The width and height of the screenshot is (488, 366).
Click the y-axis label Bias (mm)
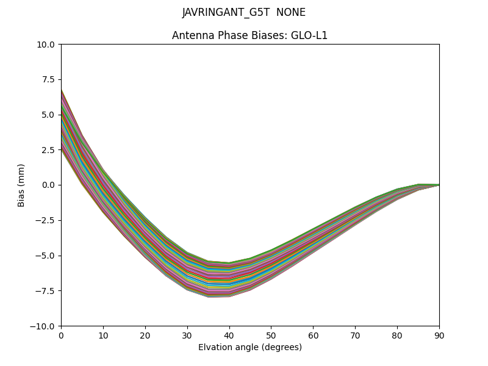coord(21,185)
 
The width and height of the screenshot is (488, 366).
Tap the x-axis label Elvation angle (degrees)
coord(250,348)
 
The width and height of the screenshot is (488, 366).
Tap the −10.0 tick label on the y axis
coord(46,326)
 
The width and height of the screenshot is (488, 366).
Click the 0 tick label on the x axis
coord(61,335)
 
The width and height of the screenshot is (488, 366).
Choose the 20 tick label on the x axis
coord(145,335)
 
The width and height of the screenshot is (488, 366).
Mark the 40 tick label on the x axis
coord(229,335)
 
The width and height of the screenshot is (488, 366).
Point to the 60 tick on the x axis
coord(313,335)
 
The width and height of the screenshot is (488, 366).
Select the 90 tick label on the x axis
coord(439,335)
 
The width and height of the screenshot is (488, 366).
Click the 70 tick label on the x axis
coord(355,335)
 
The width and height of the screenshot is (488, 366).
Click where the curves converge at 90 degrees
coord(439,185)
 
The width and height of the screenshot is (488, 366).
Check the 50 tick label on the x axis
coord(271,335)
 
